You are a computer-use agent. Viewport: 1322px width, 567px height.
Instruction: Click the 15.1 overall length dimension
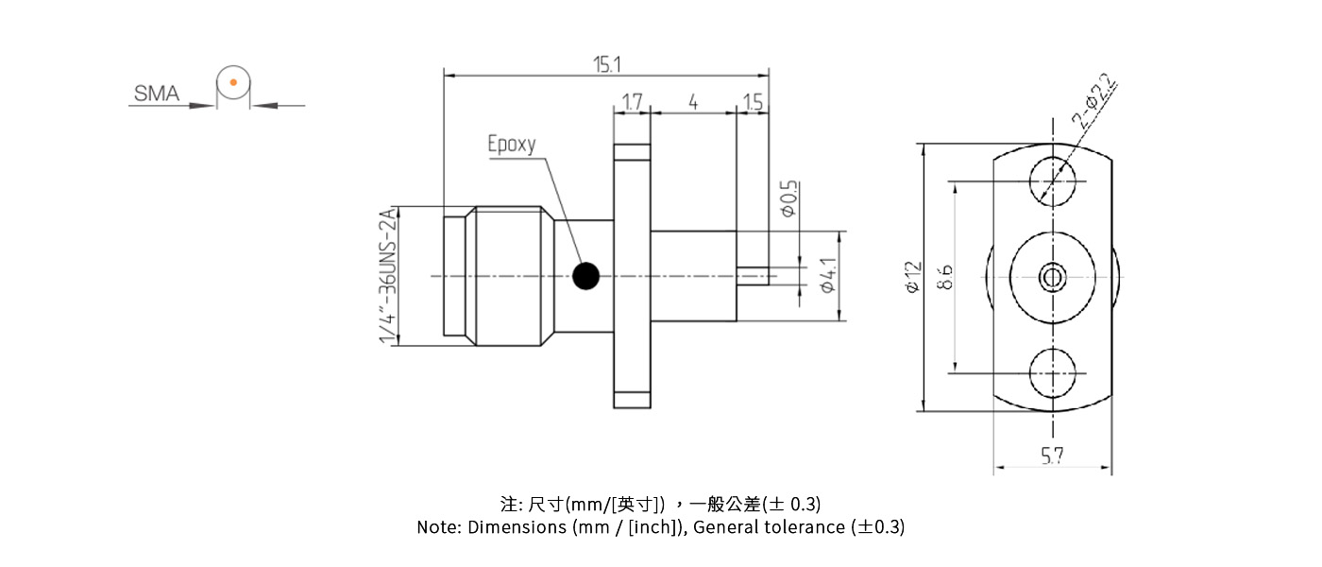[606, 64]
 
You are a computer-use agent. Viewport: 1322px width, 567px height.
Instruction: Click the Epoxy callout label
[511, 145]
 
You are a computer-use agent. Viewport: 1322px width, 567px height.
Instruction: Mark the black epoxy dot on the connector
[586, 275]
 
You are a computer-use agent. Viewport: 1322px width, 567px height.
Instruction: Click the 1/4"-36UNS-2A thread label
[387, 276]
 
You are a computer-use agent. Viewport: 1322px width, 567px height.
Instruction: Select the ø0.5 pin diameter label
[789, 199]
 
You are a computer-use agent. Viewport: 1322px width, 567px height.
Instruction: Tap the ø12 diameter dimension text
[912, 276]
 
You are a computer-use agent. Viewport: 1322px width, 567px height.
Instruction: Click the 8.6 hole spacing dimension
[944, 276]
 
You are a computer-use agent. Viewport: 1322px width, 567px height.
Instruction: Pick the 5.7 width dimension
[1053, 456]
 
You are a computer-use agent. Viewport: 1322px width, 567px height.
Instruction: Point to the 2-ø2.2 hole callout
[1094, 103]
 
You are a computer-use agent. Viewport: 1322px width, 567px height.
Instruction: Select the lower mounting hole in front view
[1053, 372]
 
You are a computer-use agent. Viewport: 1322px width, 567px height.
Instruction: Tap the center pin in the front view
[1053, 277]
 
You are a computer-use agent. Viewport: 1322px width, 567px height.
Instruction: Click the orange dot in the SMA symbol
[232, 83]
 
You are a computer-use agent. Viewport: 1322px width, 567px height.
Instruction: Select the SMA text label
[156, 94]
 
